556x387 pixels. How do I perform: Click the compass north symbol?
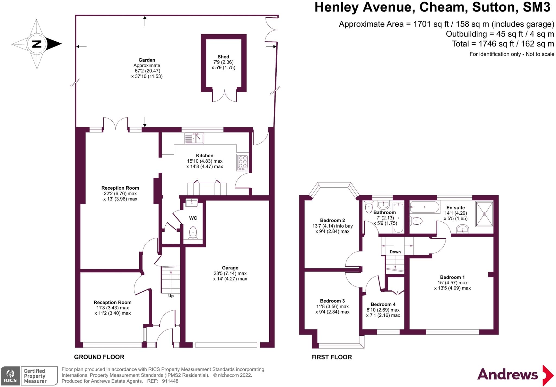pyautogui.click(x=37, y=44)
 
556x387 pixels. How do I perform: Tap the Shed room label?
pyautogui.click(x=223, y=57)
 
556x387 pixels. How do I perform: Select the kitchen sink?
pyautogui.click(x=194, y=138)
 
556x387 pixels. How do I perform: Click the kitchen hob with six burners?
pyautogui.click(x=243, y=162)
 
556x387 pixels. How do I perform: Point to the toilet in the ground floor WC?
pyautogui.click(x=193, y=233)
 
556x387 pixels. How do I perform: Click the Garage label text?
pyautogui.click(x=230, y=268)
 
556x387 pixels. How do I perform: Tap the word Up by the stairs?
pyautogui.click(x=171, y=296)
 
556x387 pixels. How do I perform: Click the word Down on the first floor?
pyautogui.click(x=395, y=252)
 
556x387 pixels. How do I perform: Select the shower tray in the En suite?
pyautogui.click(x=484, y=214)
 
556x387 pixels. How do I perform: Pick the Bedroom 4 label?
pyautogui.click(x=383, y=304)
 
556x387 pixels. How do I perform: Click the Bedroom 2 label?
pyautogui.click(x=332, y=220)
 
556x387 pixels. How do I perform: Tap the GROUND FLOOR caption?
pyautogui.click(x=99, y=357)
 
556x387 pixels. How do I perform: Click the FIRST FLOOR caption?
pyautogui.click(x=331, y=357)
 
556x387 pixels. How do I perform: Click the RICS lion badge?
pyautogui.click(x=11, y=376)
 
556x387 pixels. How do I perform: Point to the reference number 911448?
pyautogui.click(x=170, y=381)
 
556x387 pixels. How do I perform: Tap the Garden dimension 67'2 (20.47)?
pyautogui.click(x=147, y=71)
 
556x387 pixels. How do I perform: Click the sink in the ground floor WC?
pyautogui.click(x=192, y=203)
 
